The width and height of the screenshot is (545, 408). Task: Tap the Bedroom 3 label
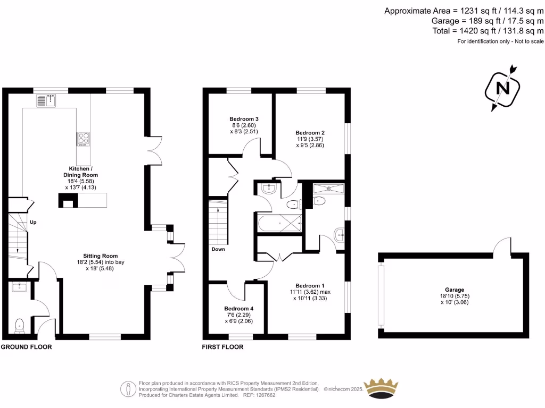click(244, 118)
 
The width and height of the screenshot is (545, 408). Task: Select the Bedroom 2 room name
click(310, 132)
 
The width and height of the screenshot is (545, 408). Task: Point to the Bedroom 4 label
click(238, 309)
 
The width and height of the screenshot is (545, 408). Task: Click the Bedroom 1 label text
click(309, 285)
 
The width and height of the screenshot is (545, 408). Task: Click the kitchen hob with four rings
click(84, 139)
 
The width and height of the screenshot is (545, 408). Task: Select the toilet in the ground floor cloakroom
click(20, 325)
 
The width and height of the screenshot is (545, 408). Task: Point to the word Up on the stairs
click(33, 222)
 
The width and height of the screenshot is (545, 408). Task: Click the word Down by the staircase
click(218, 249)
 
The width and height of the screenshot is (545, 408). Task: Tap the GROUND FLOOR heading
click(26, 347)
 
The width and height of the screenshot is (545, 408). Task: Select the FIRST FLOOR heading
click(222, 347)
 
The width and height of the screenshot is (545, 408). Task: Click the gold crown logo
click(381, 389)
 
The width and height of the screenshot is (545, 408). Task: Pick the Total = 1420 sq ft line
click(488, 31)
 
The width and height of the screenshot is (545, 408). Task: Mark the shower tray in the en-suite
click(328, 188)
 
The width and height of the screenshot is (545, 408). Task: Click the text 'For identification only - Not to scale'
click(500, 41)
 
